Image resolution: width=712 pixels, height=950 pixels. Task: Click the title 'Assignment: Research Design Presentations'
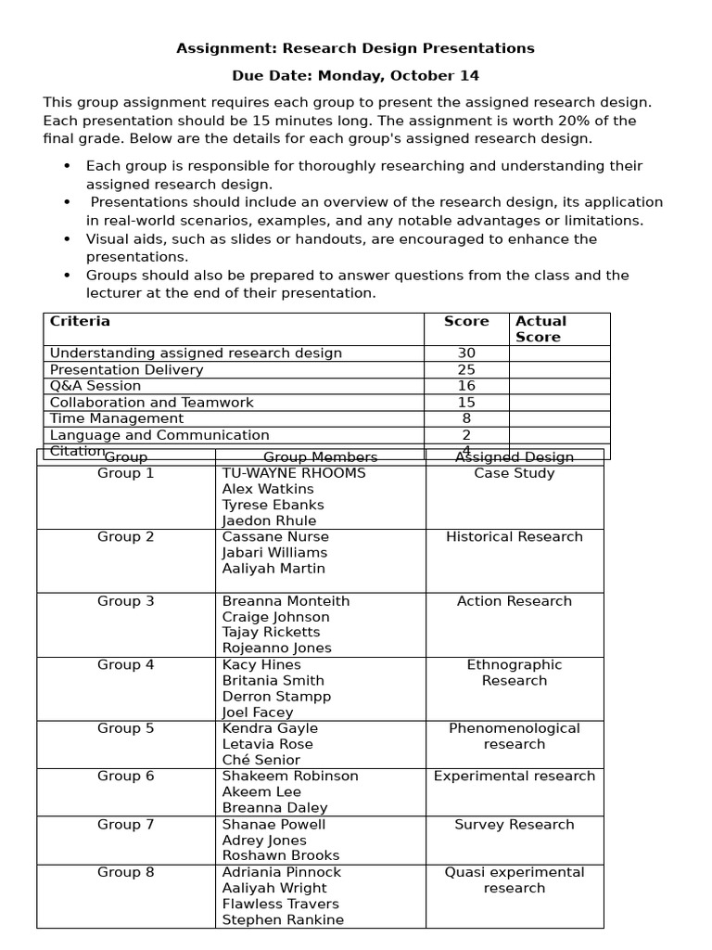tap(355, 48)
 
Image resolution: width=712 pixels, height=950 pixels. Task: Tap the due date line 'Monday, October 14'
tap(355, 76)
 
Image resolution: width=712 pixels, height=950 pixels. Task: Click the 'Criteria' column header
tap(80, 322)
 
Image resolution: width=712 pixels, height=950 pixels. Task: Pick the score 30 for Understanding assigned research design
tap(466, 353)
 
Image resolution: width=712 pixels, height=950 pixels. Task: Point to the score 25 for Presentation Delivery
tap(466, 370)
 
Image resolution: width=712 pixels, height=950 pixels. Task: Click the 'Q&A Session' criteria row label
tap(95, 386)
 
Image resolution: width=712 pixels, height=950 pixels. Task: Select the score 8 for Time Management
tap(466, 418)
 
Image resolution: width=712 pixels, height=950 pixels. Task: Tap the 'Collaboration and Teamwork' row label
tap(151, 403)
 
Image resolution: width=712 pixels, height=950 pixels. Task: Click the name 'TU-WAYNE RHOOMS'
tap(294, 473)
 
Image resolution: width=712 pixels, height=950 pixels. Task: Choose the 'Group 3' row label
tap(126, 601)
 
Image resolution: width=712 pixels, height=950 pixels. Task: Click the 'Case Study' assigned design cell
tap(515, 473)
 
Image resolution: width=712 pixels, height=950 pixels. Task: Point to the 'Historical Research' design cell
tap(515, 537)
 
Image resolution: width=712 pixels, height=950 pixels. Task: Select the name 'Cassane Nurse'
tap(275, 537)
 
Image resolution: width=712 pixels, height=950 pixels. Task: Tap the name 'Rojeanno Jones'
tap(276, 648)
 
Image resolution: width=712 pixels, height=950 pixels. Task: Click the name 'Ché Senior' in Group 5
tap(261, 760)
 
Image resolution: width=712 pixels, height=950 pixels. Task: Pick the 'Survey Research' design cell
tap(515, 825)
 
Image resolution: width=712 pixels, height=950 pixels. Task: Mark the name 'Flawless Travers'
tap(281, 904)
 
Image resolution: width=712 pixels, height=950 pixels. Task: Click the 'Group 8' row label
tap(126, 872)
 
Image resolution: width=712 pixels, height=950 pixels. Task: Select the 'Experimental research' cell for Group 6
tap(515, 776)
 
